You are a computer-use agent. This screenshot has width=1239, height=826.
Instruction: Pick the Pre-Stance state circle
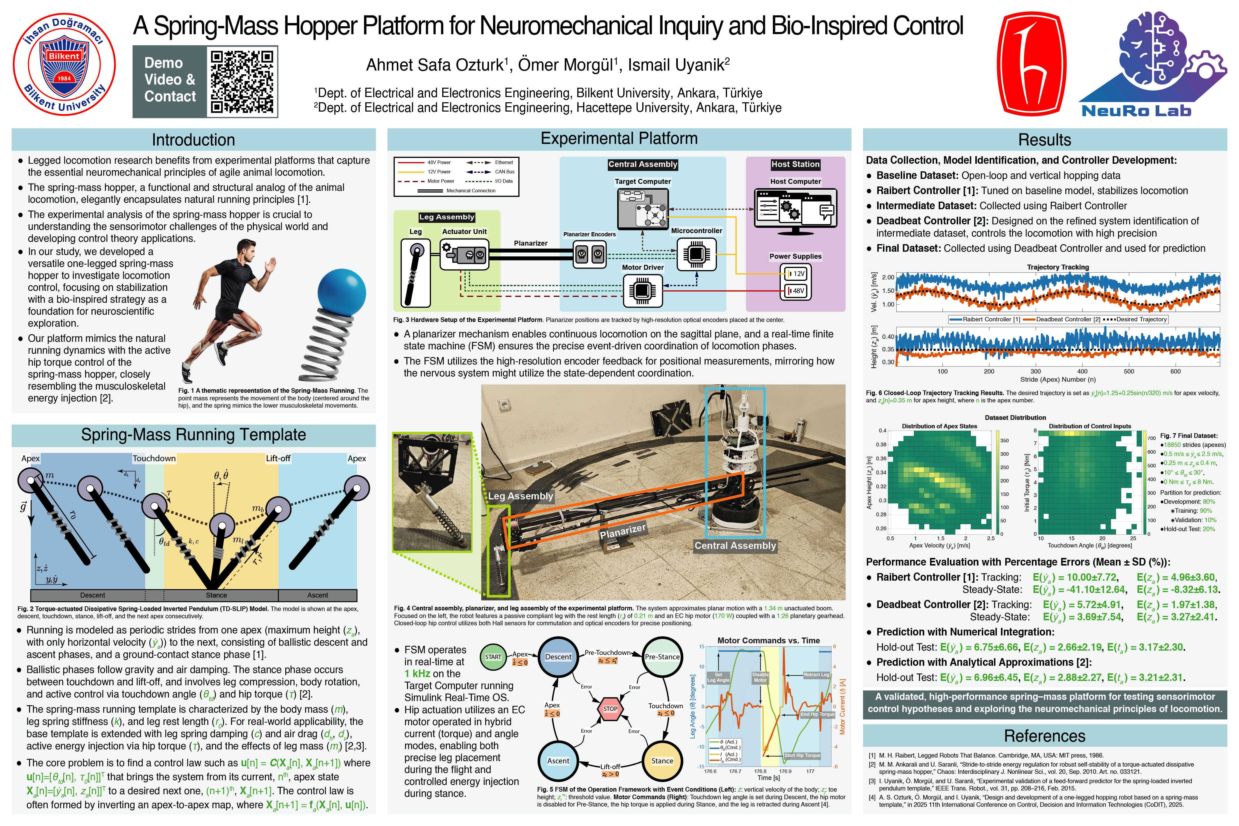(662, 657)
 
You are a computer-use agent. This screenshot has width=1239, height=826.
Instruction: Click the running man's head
(245, 249)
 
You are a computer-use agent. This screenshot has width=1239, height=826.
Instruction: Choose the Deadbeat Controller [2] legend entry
(1062, 319)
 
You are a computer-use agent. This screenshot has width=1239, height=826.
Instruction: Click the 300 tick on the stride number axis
(1036, 371)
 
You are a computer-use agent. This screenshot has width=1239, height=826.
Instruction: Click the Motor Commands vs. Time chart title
(769, 641)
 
